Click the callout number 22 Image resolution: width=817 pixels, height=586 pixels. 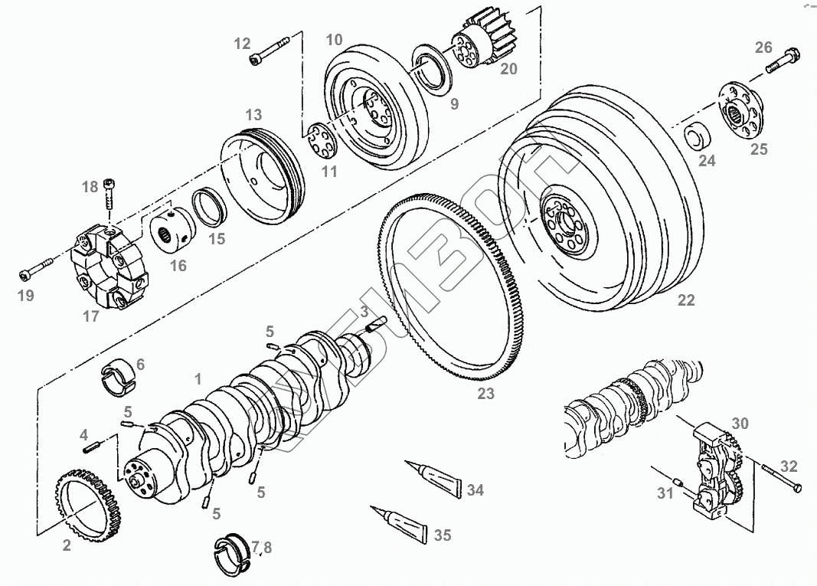[686, 300]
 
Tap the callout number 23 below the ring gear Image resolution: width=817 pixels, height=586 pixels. [485, 394]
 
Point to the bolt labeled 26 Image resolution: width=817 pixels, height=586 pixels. [782, 62]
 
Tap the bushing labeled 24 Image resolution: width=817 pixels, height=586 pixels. [698, 136]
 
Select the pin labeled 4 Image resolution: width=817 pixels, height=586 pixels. [94, 446]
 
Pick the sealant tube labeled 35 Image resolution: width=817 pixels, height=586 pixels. [399, 520]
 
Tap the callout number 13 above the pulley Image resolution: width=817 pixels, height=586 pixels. [253, 115]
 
